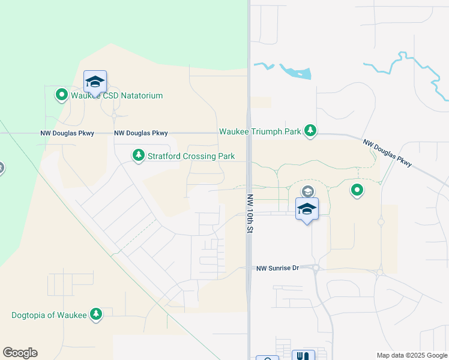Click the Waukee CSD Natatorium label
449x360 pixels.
(116, 95)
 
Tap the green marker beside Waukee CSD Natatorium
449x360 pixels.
(61, 95)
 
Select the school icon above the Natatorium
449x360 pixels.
(95, 82)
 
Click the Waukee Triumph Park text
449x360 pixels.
(259, 131)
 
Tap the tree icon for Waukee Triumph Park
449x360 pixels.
(310, 131)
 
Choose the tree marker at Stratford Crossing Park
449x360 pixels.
(139, 156)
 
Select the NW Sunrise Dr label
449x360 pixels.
(278, 268)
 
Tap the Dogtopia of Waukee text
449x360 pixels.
(49, 315)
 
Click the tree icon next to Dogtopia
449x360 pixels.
(95, 314)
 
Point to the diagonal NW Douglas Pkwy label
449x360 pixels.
(388, 152)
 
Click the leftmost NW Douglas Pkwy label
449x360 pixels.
(67, 133)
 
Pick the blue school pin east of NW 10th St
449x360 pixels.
(307, 209)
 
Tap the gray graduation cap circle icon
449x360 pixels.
(307, 191)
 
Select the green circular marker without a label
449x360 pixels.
(357, 191)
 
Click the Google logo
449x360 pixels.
(20, 353)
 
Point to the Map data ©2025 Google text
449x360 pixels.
(411, 355)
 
